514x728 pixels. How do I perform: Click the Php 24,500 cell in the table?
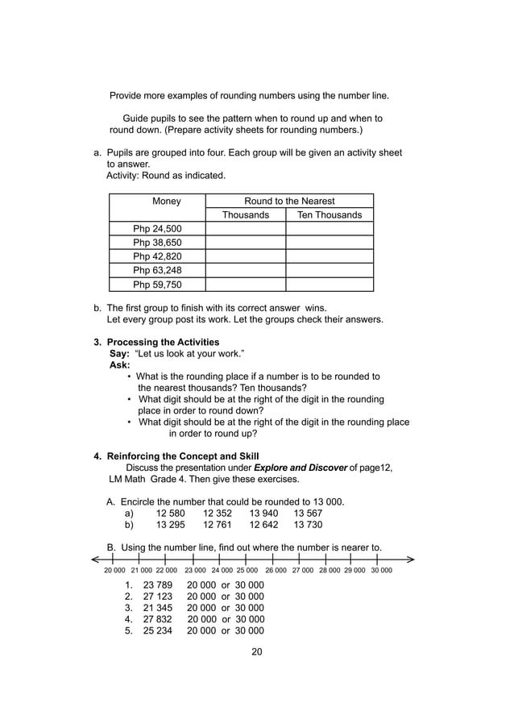(x=157, y=229)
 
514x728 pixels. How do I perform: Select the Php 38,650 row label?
(x=157, y=243)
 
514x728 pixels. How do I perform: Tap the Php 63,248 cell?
(x=157, y=270)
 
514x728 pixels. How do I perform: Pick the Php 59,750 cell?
(x=157, y=284)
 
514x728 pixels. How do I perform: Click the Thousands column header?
(x=246, y=215)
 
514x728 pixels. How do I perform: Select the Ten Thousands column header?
(x=330, y=215)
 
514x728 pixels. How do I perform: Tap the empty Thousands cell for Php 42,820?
(x=246, y=256)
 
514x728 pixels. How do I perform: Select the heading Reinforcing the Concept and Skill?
(x=183, y=456)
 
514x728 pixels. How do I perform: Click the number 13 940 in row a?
(x=263, y=514)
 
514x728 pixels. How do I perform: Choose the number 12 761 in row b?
(x=218, y=525)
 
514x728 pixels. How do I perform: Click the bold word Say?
(x=119, y=354)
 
